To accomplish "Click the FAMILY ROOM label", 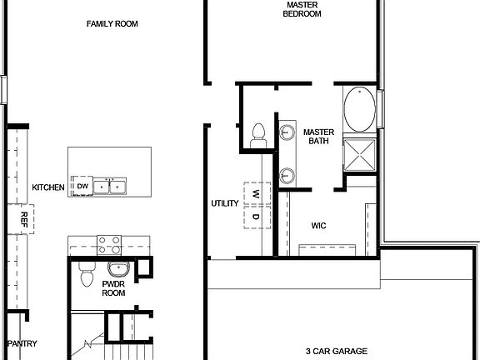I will pyautogui.click(x=112, y=24).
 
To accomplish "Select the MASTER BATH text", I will pyautogui.click(x=317, y=137).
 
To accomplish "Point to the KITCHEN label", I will pyautogui.click(x=48, y=187).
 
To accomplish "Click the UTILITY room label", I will pyautogui.click(x=225, y=203).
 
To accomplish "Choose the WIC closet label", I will pyautogui.click(x=318, y=225).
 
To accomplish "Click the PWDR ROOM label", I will pyautogui.click(x=113, y=288).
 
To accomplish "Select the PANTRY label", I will pyautogui.click(x=23, y=343).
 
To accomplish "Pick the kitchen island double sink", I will pyautogui.click(x=110, y=187).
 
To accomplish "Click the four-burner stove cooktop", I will pyautogui.click(x=109, y=244).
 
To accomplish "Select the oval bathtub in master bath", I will pyautogui.click(x=359, y=112).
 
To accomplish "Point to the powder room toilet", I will pyautogui.click(x=86, y=276).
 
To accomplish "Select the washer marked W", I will pyautogui.click(x=256, y=194).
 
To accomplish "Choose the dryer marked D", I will pyautogui.click(x=256, y=217).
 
